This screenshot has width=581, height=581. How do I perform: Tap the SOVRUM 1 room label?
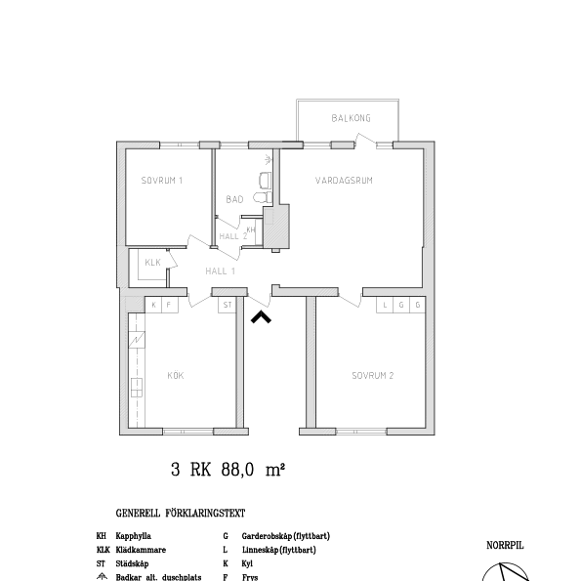tap(161, 181)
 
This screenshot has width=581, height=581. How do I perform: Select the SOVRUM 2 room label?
tap(372, 375)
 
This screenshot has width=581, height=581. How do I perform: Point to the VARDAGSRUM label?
tap(344, 181)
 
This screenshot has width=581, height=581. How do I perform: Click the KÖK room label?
tap(176, 375)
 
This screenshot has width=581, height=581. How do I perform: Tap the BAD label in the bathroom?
tap(233, 199)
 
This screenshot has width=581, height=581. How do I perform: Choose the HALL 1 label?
tap(220, 270)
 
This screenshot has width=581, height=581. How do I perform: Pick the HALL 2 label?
tap(232, 236)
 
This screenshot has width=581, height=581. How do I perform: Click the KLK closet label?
tap(152, 263)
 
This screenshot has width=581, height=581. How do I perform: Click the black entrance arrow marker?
tap(262, 315)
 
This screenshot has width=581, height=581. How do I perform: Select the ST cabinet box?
tap(227, 305)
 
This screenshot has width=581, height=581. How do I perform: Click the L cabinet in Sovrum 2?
tap(386, 305)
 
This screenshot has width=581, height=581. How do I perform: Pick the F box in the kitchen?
tap(168, 305)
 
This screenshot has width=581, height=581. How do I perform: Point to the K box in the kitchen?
tap(153, 305)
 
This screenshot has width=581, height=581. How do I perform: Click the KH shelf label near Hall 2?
tap(250, 228)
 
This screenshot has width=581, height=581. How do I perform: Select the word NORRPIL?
tap(505, 547)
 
